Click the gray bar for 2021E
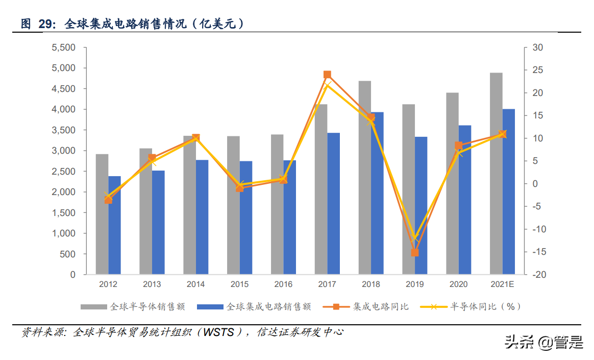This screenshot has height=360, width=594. point(496,174)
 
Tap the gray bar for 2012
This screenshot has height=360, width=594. point(102,214)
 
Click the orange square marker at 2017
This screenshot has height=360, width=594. point(328,75)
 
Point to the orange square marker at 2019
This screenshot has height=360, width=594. point(415,252)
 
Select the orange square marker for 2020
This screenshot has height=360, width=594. point(458,146)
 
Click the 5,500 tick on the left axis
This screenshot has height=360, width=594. point(64,47)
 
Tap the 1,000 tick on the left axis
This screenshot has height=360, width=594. point(64,233)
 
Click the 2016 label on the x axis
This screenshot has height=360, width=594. point(283,284)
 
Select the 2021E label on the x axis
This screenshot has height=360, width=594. point(502,284)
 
